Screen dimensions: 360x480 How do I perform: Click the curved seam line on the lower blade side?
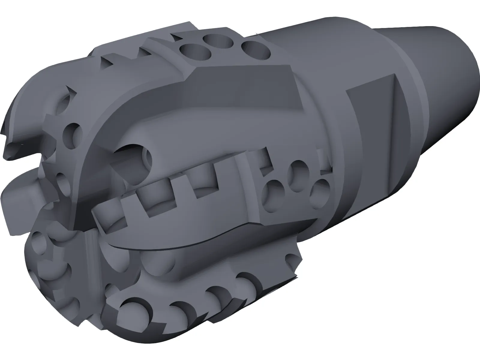[x=180, y=246]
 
